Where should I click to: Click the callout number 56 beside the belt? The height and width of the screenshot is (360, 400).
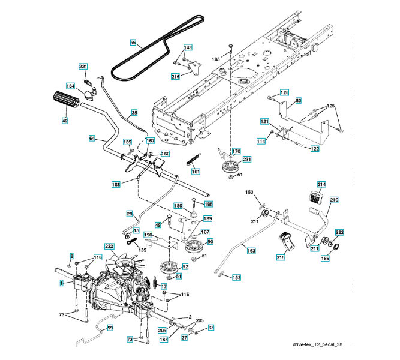click(x=133, y=43)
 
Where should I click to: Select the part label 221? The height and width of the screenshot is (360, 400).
click(x=83, y=66)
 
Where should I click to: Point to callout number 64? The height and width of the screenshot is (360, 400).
click(x=92, y=139)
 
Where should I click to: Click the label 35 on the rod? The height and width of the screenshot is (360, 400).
click(x=134, y=112)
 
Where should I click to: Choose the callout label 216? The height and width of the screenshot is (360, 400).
click(x=175, y=76)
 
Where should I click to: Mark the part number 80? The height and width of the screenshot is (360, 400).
click(x=298, y=100)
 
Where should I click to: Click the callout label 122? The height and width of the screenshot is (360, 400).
click(x=315, y=149)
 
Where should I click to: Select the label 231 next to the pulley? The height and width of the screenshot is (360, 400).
click(x=246, y=159)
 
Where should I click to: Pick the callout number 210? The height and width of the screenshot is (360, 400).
click(x=334, y=199)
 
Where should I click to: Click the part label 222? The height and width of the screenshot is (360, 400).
click(x=339, y=232)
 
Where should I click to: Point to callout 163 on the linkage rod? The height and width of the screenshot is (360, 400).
click(x=251, y=251)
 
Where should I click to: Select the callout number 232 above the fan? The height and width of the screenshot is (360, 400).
click(x=109, y=247)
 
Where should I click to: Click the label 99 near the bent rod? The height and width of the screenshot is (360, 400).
click(x=110, y=328)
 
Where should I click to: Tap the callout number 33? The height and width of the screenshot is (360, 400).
click(x=211, y=328)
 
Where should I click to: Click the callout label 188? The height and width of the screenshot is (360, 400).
click(x=116, y=184)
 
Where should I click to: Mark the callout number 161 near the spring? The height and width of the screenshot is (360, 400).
click(x=196, y=172)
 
